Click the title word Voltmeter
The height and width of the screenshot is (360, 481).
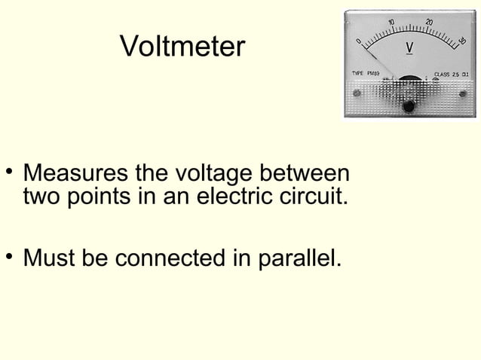(182, 47)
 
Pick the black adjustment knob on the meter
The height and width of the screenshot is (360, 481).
(409, 106)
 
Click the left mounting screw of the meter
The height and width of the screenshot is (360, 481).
(357, 96)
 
